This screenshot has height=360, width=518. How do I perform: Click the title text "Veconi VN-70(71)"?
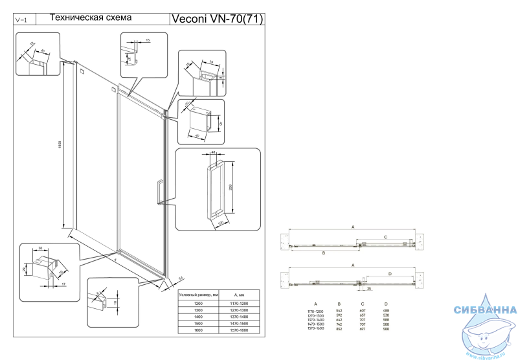[x=216, y=19]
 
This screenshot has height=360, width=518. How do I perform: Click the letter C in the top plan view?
[x=385, y=237]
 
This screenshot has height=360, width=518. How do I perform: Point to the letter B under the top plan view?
[x=322, y=253]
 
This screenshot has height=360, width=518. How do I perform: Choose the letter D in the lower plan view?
[x=390, y=274]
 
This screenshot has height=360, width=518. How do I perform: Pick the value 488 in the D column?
[x=386, y=310]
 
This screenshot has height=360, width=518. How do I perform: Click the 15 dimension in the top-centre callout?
[x=148, y=40]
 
